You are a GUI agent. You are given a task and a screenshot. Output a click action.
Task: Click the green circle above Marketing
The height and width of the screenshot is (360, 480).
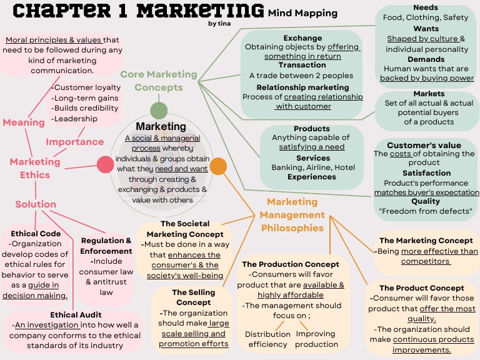click(159, 111)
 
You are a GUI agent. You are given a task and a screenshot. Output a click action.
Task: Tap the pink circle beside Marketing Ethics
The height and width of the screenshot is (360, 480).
click(106, 165)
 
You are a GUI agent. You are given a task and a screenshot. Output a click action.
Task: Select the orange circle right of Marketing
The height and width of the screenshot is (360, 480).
click(217, 166)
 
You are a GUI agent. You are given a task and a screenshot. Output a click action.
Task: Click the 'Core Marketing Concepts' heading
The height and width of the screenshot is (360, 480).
click(159, 81)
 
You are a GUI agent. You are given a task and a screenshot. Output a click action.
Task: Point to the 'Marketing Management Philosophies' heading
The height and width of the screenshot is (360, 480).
click(292, 215)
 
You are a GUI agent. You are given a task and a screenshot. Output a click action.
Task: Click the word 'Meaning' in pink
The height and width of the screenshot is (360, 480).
click(24, 122)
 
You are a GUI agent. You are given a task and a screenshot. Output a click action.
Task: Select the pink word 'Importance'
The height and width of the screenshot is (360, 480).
click(74, 141)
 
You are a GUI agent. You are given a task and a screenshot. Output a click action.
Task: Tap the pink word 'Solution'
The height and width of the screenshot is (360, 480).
click(36, 204)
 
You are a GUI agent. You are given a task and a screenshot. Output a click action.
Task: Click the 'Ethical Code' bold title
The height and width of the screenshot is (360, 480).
click(36, 234)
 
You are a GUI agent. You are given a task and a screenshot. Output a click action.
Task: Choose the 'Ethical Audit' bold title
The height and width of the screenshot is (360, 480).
click(76, 315)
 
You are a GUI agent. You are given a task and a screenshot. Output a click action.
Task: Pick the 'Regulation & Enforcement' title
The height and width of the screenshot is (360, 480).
click(107, 246)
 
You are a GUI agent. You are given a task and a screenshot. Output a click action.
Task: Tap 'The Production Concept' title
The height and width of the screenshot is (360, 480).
click(291, 264)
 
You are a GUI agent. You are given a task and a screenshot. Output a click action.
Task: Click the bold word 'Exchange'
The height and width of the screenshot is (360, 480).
click(302, 38)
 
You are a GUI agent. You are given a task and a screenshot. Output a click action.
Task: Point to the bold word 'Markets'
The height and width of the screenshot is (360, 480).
click(429, 94)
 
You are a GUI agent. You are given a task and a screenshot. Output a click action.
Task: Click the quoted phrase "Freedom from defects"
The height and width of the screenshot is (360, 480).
click(425, 211)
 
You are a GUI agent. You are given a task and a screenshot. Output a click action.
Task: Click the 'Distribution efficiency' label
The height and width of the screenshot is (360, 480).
click(267, 339)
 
